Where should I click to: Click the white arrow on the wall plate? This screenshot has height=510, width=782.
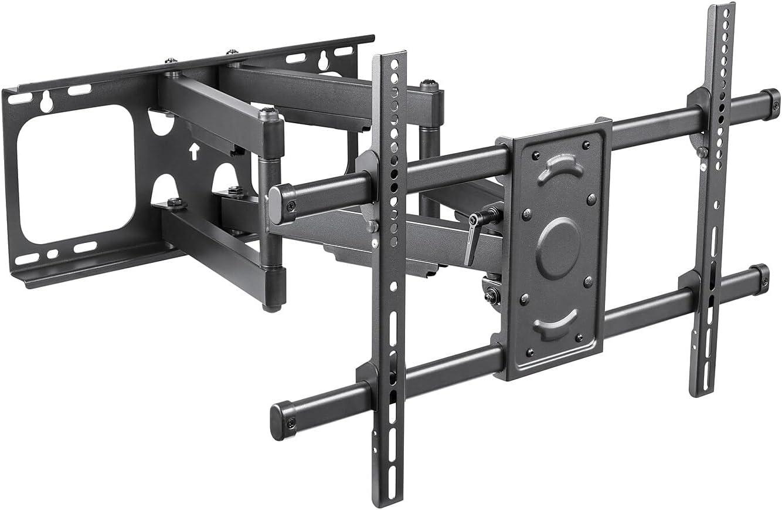pos(193,152)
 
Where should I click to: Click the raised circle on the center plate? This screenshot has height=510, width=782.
pos(557,248)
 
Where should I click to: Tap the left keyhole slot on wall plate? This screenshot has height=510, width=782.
pos(46,103)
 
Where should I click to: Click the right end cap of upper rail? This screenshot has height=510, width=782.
pos(771,104)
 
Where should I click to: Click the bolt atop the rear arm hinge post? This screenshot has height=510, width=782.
pos(429,85)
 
